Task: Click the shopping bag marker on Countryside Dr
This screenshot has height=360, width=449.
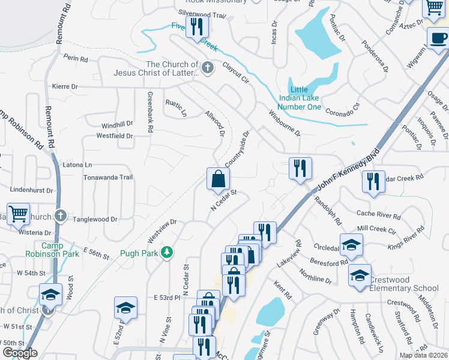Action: click(218, 179)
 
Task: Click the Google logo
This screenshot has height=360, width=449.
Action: click(20, 353)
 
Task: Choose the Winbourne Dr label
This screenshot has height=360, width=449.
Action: click(284, 122)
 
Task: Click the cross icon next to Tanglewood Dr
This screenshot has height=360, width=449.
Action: click(60, 215)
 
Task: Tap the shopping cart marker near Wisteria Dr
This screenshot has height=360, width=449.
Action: click(18, 214)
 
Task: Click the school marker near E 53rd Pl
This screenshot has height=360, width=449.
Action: click(125, 307)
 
